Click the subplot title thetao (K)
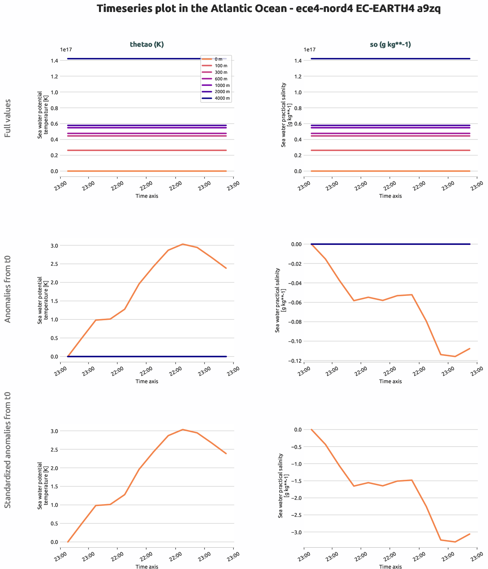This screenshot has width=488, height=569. (147, 44)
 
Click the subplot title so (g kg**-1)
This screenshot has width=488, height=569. (390, 44)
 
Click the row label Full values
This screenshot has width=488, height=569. (8, 118)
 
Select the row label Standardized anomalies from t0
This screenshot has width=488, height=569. (8, 450)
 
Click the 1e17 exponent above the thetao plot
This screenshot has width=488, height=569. (66, 50)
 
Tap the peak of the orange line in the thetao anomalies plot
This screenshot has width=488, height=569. (183, 244)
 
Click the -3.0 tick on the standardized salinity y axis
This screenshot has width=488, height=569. (295, 532)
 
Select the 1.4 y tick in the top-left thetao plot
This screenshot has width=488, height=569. (55, 61)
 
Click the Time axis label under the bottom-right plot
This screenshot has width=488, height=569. (390, 566)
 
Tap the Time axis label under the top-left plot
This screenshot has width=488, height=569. (147, 196)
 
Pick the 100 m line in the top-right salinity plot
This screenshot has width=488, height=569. (390, 150)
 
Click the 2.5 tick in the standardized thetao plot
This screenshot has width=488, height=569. (55, 450)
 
